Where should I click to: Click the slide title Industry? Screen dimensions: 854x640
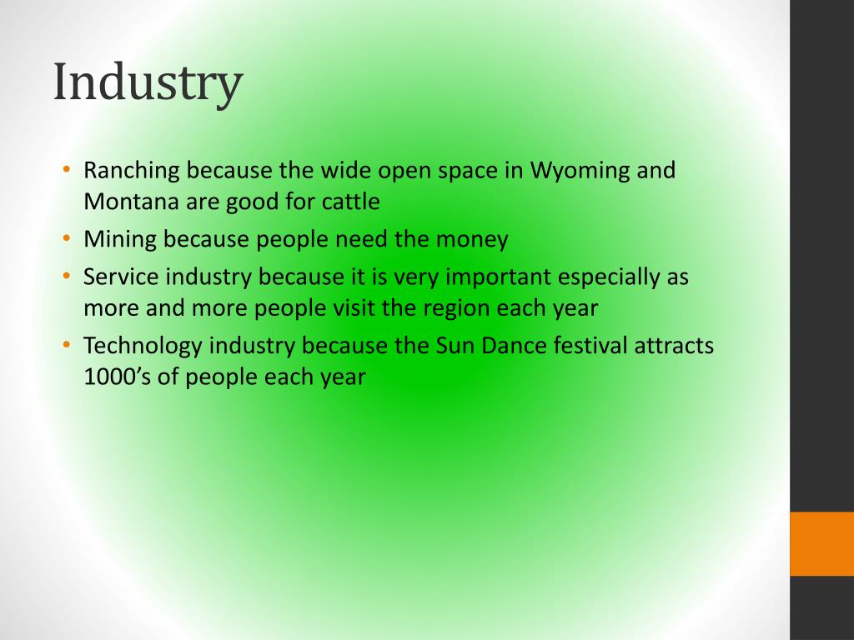pos(148,82)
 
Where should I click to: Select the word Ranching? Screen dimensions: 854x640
pos(131,171)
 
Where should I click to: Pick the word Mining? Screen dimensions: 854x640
pos(120,239)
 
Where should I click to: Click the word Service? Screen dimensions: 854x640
pos(121,277)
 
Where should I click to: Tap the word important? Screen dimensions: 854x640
pos(498,277)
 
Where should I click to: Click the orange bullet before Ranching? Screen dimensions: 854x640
pos(67,169)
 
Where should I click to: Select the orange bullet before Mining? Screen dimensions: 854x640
pos(67,238)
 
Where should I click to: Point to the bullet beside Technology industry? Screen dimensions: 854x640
pos(67,344)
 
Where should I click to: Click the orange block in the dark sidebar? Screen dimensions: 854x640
pos(821,543)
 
